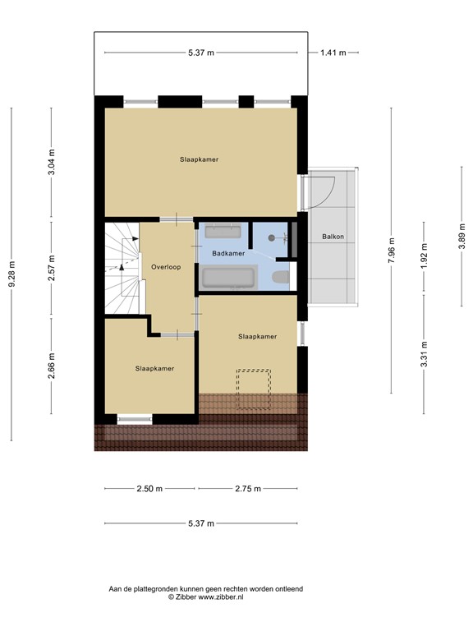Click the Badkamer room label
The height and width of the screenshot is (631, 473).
[228, 254]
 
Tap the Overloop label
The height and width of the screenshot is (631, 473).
[166, 267]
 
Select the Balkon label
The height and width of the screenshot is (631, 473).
[333, 237]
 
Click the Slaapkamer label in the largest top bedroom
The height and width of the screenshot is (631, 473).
[200, 159]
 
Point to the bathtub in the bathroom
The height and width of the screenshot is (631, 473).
[227, 278]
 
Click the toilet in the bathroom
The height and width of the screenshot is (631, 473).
[280, 277]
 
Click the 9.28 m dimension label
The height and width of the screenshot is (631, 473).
[11, 275]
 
